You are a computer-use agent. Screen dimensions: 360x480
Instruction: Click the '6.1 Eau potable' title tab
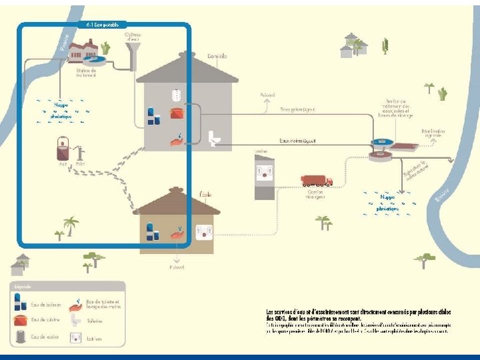[103, 25]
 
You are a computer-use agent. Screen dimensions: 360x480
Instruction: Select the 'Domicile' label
[218, 57]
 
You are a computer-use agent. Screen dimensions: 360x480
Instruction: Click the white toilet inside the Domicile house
[215, 138]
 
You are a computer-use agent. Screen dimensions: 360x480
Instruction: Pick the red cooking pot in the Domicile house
[177, 113]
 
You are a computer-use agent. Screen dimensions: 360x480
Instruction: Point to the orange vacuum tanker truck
[316, 181]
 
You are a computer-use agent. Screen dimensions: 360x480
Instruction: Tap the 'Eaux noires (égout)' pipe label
[297, 141]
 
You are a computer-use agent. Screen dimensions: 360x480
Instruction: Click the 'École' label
[205, 194]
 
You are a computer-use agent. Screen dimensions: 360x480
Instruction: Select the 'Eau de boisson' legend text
[46, 305]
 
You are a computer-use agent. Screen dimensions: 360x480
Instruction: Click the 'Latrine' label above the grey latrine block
[261, 151]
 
